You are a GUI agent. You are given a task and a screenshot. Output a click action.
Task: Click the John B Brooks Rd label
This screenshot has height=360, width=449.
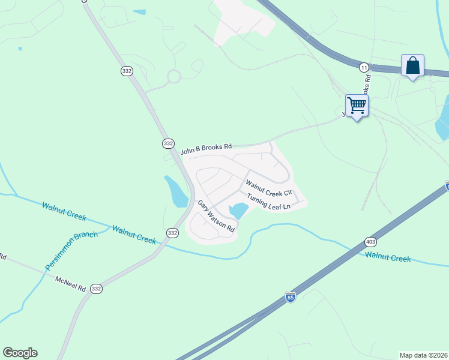pos(206,146)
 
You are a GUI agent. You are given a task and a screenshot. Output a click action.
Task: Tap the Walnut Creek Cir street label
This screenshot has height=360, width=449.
pos(268,187)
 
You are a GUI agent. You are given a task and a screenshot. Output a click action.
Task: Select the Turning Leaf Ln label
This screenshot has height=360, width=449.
pos(268,201)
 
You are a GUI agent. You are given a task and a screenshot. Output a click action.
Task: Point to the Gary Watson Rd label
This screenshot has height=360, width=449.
pos(215,216)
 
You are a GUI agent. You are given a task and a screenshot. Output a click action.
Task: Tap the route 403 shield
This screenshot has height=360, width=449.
pos(370,242)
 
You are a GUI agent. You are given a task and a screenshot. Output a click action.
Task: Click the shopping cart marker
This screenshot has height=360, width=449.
pos(357,106)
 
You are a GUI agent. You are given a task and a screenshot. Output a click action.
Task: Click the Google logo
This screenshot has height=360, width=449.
pos(20,353)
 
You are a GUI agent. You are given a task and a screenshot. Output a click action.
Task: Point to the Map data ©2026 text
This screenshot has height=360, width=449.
pos(423,355)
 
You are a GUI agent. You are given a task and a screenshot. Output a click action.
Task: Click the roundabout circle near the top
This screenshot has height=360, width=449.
pos(174,77)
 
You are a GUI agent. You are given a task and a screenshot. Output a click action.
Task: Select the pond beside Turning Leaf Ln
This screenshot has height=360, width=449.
pos(238,210)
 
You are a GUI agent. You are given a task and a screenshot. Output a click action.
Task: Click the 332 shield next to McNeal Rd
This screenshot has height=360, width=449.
pos(96,289)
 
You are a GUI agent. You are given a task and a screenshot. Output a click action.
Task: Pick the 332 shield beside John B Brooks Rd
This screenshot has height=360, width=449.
pos(168,143)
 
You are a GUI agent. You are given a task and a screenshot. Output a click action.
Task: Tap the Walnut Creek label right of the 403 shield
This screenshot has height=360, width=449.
pos(388,257)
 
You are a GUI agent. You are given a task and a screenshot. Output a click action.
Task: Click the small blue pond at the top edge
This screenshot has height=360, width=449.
pos(139,12)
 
